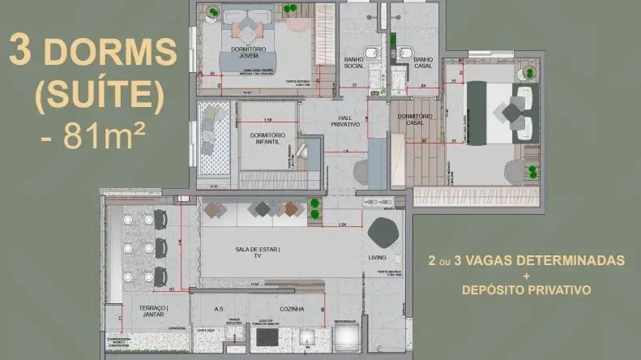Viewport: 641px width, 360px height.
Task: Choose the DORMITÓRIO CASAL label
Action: pyautogui.click(x=416, y=119)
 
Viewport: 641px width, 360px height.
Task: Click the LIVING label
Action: pyautogui.click(x=378, y=258)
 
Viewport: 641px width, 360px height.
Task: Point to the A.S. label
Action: pyautogui.click(x=219, y=309)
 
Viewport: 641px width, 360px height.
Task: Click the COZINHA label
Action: pyautogui.click(x=291, y=309)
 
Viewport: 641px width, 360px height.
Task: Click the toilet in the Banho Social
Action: pyautogui.click(x=371, y=54)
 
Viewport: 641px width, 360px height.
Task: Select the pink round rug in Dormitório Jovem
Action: pyautogui.click(x=298, y=22)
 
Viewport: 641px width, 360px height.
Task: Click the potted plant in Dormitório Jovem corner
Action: pyautogui.click(x=212, y=11)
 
